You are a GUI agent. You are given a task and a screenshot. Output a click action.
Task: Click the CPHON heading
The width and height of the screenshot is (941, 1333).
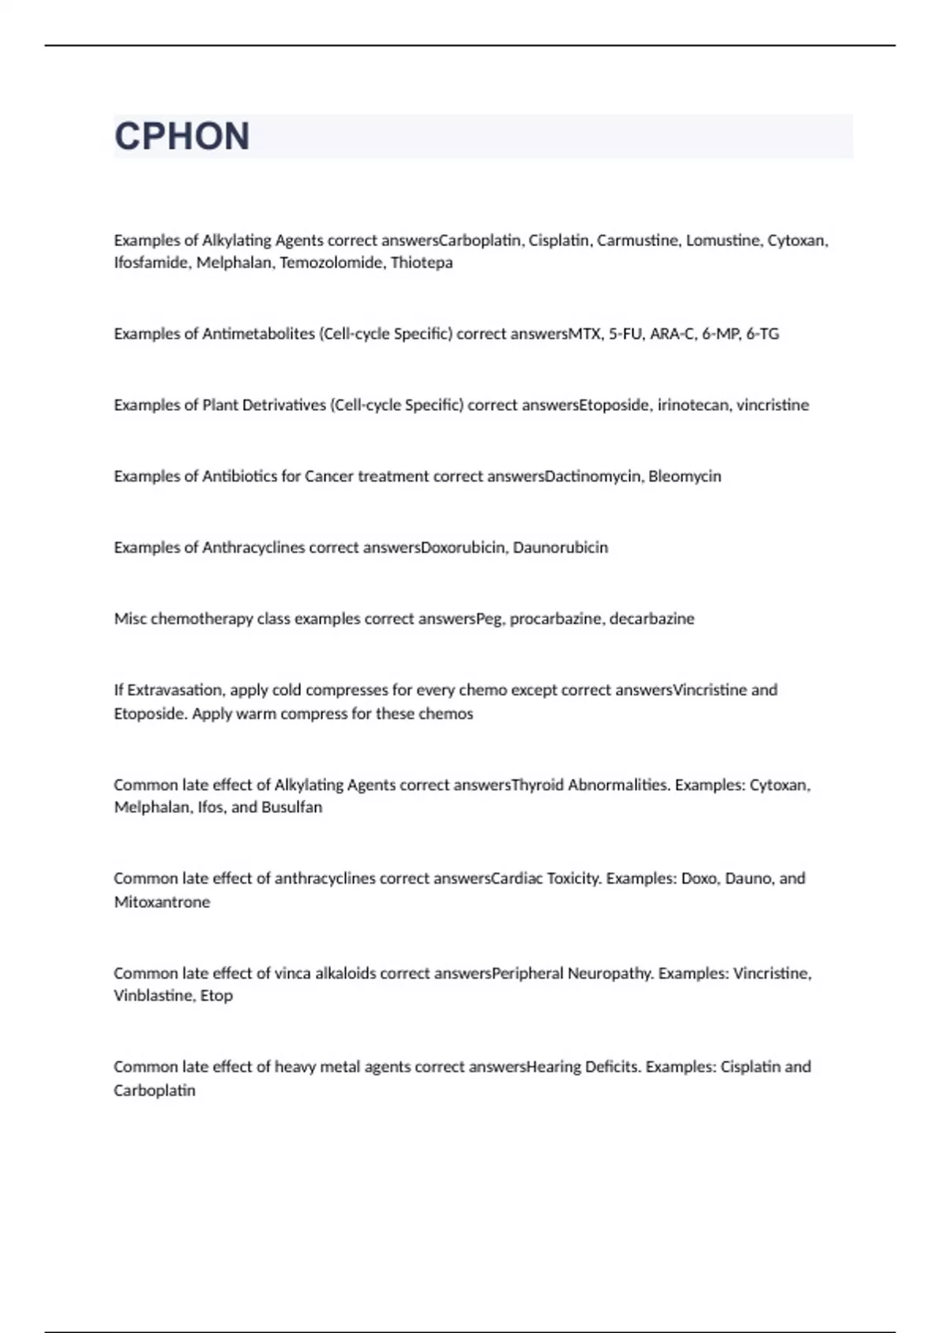click(182, 136)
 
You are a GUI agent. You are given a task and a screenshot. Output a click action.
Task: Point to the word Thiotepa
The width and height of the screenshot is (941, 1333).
click(422, 263)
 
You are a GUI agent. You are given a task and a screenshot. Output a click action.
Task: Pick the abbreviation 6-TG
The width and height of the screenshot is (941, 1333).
click(762, 334)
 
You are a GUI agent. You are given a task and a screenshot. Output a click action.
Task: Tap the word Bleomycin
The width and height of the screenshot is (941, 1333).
click(685, 477)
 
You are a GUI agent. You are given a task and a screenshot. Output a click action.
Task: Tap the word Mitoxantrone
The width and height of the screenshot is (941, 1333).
click(162, 903)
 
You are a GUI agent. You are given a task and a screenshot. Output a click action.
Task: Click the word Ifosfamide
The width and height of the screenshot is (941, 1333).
click(151, 263)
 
